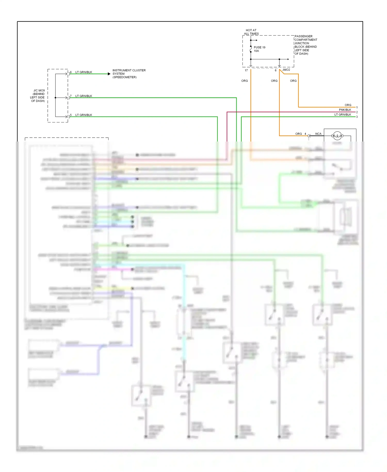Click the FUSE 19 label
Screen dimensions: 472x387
[x=259, y=47]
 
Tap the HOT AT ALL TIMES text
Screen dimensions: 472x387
[x=251, y=32]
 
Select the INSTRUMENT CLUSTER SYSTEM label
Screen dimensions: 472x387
[x=129, y=74]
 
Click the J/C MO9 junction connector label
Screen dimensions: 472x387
[x=38, y=96]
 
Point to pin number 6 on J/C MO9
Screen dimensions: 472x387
[x=71, y=72]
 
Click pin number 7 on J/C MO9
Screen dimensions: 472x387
[x=71, y=96]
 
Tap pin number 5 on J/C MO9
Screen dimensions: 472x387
[x=71, y=115]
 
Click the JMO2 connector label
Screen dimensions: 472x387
[x=286, y=70]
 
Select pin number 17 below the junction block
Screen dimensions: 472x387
[x=246, y=70]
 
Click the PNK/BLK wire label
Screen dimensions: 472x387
[x=345, y=110]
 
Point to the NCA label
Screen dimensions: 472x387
[x=318, y=134]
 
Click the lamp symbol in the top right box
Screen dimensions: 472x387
[x=337, y=135]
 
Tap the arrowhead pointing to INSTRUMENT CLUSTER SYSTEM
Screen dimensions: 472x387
[x=109, y=74]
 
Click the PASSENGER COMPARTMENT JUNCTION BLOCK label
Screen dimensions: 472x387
[x=305, y=45]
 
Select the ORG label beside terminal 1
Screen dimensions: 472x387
[x=348, y=105]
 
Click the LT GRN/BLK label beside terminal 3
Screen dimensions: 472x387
[x=343, y=115]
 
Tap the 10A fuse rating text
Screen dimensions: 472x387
[x=256, y=51]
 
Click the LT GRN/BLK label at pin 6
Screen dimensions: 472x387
[x=84, y=72]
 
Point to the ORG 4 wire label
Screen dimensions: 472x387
[x=300, y=134]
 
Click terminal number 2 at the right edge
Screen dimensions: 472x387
[x=357, y=112]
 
